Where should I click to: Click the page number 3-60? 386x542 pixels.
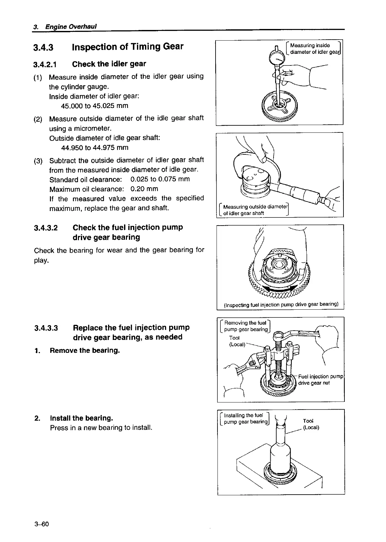pyautogui.click(x=41, y=524)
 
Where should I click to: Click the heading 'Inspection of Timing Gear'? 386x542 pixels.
pyautogui.click(x=128, y=47)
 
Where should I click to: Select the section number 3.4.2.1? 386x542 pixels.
pyautogui.click(x=45, y=64)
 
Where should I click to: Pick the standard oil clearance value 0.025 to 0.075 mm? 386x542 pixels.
pyautogui.click(x=160, y=179)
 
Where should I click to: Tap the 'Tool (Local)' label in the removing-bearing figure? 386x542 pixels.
pyautogui.click(x=237, y=341)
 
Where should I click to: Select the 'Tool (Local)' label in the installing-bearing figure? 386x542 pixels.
pyautogui.click(x=311, y=424)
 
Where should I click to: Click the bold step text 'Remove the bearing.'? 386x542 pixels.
pyautogui.click(x=85, y=350)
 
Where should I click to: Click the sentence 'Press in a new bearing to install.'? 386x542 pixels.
pyautogui.click(x=101, y=428)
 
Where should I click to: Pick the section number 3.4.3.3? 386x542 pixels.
pyautogui.click(x=46, y=328)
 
